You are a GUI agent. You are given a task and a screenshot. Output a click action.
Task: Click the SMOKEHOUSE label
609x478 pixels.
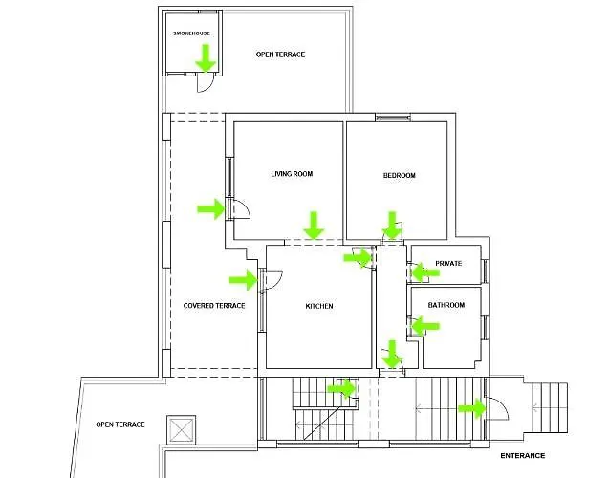point(191,33)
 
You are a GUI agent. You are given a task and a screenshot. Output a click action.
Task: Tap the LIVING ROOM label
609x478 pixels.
point(292,174)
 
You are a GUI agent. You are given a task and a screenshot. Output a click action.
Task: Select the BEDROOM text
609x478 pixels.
point(400,175)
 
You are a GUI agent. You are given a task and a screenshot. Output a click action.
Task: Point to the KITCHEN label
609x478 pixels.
point(319,306)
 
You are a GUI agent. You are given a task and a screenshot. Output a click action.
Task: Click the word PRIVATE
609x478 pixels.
point(448,263)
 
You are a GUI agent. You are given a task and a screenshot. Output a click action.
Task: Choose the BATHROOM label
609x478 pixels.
point(446,305)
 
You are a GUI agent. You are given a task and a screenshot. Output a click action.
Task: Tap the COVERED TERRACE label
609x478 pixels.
point(214,306)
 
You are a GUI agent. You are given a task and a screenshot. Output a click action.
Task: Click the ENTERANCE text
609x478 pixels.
point(522,455)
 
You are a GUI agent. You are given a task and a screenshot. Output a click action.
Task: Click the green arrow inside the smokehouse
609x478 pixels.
point(206,58)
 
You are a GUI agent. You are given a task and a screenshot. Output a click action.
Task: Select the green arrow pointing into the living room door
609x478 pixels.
point(211,209)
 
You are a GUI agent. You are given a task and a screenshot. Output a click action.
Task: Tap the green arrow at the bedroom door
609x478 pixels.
point(392,226)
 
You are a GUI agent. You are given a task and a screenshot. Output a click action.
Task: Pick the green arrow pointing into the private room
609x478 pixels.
point(424,272)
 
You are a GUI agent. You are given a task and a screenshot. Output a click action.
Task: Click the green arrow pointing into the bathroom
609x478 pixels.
point(424,326)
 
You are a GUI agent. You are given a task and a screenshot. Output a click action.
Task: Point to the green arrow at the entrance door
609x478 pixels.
point(472,408)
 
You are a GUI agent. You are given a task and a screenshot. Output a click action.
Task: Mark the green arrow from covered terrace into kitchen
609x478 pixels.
point(244,279)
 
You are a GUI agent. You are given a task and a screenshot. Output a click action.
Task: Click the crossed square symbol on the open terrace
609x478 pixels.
point(181,430)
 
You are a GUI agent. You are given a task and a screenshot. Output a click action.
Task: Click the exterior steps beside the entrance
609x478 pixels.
point(549,408)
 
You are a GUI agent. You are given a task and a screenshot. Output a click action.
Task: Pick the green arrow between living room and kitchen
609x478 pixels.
point(314,226)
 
